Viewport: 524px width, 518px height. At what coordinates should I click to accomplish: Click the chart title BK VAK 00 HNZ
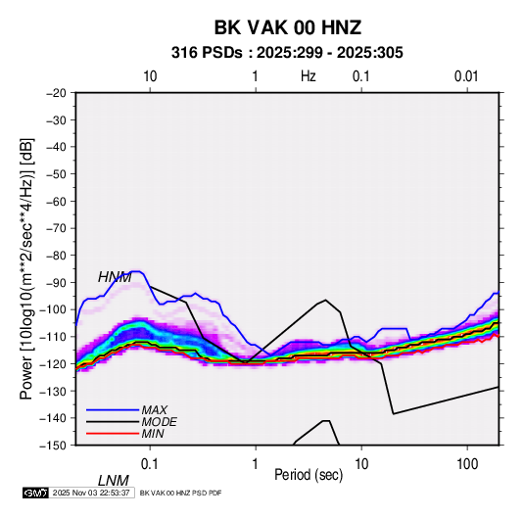click(287, 27)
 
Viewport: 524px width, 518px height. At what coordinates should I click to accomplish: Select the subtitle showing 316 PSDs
click(287, 53)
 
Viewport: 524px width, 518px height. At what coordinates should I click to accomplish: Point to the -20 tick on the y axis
click(56, 93)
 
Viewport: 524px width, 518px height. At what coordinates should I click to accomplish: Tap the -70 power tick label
click(56, 228)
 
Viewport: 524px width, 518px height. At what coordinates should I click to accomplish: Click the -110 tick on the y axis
click(54, 337)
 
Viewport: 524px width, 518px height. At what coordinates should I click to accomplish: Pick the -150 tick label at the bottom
click(54, 446)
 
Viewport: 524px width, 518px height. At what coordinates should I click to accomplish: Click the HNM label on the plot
click(115, 277)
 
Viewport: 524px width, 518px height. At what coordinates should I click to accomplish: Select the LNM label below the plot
click(114, 481)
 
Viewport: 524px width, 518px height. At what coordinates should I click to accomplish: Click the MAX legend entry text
click(155, 410)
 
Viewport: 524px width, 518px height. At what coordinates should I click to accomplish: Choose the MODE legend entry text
click(159, 422)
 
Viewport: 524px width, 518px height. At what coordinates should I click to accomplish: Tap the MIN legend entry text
click(153, 434)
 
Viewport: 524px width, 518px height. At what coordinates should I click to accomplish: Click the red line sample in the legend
click(113, 434)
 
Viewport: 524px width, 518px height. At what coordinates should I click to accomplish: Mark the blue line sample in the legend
click(113, 410)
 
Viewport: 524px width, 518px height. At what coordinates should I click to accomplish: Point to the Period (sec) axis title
click(309, 475)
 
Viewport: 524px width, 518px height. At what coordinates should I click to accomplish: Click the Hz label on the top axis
click(309, 76)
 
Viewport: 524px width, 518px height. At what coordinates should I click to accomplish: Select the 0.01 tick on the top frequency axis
click(466, 76)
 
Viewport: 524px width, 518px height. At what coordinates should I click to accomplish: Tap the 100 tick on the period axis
click(467, 464)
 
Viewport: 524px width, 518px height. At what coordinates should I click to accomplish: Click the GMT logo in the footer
click(35, 493)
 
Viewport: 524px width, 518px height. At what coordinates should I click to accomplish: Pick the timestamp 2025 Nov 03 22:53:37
click(91, 493)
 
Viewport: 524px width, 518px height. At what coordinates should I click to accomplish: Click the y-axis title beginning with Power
click(26, 268)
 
